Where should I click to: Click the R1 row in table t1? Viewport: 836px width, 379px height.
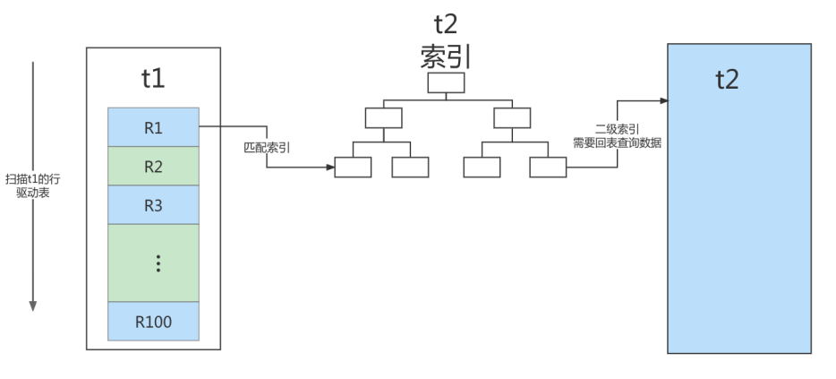[152, 127]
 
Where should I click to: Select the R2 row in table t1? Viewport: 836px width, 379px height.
[152, 166]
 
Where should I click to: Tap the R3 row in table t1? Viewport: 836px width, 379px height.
[152, 204]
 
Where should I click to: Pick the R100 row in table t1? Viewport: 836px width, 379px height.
[152, 322]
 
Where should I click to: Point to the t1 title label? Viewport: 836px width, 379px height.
[153, 78]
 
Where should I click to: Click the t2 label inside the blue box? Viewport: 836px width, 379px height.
[727, 79]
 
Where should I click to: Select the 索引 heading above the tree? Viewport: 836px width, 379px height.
[445, 56]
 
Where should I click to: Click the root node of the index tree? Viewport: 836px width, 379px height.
[446, 83]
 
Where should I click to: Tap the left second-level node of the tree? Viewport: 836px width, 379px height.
[383, 117]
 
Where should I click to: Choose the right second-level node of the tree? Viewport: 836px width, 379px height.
[512, 117]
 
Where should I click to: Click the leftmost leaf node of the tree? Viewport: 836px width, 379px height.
[352, 168]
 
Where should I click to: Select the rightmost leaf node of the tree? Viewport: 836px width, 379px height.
[547, 168]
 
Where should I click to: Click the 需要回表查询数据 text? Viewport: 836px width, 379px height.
[617, 142]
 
